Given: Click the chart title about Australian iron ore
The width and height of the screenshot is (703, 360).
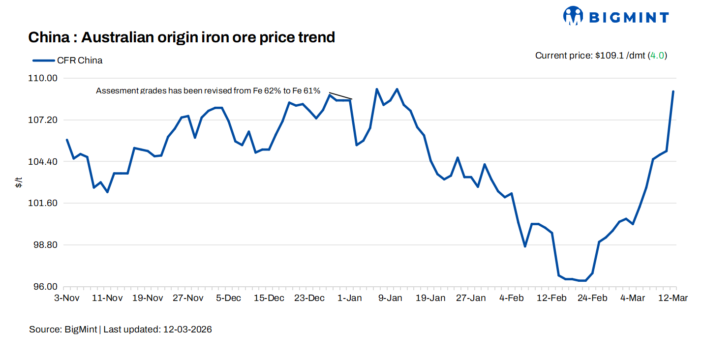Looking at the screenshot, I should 182,37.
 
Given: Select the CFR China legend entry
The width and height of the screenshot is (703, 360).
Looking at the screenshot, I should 68,60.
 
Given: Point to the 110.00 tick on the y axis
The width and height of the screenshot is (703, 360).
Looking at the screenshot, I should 46,78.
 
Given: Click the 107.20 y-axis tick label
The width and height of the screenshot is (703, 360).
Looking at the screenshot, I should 46,120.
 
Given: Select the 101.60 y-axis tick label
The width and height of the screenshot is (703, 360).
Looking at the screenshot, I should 46,203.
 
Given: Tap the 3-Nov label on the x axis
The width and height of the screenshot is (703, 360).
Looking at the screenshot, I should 67,298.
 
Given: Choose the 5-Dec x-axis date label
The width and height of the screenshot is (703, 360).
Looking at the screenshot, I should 229,298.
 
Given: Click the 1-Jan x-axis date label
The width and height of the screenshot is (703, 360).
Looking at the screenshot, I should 350,298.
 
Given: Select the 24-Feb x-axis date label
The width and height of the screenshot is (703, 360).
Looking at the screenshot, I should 592,298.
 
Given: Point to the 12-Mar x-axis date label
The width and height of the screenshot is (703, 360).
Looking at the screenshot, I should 673,298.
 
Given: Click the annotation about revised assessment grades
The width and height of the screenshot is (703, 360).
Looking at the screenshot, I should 208,91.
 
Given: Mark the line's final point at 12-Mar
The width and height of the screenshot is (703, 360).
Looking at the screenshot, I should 673,91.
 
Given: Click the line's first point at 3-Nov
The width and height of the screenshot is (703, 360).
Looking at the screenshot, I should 67,140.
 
